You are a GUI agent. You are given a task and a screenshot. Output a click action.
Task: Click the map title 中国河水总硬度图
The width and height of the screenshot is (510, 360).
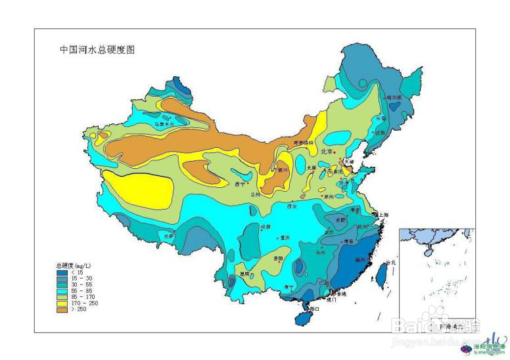tap(97, 49)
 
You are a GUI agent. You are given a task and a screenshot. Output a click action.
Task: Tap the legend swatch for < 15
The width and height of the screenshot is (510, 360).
tap(61, 272)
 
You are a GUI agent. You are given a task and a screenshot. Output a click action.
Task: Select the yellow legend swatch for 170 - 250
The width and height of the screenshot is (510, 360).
tap(61, 303)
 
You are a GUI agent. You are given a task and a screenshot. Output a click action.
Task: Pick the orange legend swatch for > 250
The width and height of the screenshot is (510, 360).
tap(61, 309)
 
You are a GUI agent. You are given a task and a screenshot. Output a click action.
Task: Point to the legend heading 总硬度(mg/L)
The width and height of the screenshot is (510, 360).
tap(73, 265)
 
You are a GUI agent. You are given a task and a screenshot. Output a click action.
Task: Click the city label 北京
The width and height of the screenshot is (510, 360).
tap(327, 152)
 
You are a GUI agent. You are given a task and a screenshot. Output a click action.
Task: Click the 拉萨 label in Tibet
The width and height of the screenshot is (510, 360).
tap(169, 235)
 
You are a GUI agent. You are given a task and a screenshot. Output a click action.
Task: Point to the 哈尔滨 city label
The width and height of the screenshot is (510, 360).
tap(394, 97)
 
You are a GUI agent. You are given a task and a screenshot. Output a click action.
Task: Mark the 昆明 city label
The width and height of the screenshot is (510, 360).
tap(244, 273)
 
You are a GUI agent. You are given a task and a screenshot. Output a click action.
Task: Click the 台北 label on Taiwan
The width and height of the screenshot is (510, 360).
tap(391, 263)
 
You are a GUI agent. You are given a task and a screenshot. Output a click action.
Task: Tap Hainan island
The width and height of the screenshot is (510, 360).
tap(303, 317)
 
